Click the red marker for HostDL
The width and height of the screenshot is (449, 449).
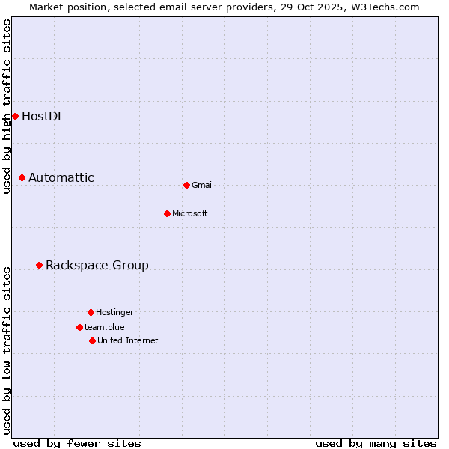pos(15,116)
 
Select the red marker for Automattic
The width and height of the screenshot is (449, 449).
pos(22,177)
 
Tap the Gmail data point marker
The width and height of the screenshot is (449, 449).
pos(186,185)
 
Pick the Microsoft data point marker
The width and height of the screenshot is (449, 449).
pos(167,213)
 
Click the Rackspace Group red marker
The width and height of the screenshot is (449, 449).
pos(39,265)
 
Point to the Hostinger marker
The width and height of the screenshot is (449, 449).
pos(91,312)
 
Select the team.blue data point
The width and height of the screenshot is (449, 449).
pos(79,327)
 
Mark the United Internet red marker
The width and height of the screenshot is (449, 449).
pos(92,340)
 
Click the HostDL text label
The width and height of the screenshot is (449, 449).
pos(43,116)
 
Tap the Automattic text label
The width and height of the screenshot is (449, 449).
pos(61,177)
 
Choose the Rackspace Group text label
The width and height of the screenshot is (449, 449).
pos(97,265)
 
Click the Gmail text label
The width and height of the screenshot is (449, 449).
pos(203,185)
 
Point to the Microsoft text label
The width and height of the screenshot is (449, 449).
pos(190,213)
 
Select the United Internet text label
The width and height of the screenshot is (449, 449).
pos(128,340)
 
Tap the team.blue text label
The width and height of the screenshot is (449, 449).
pos(105,327)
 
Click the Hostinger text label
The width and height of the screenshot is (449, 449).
pos(114,312)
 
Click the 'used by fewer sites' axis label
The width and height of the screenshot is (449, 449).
pos(77,443)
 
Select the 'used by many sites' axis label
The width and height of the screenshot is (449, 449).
pos(376,443)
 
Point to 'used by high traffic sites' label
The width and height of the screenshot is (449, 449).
pos(7,106)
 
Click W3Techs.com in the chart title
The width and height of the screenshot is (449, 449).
pos(382,7)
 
